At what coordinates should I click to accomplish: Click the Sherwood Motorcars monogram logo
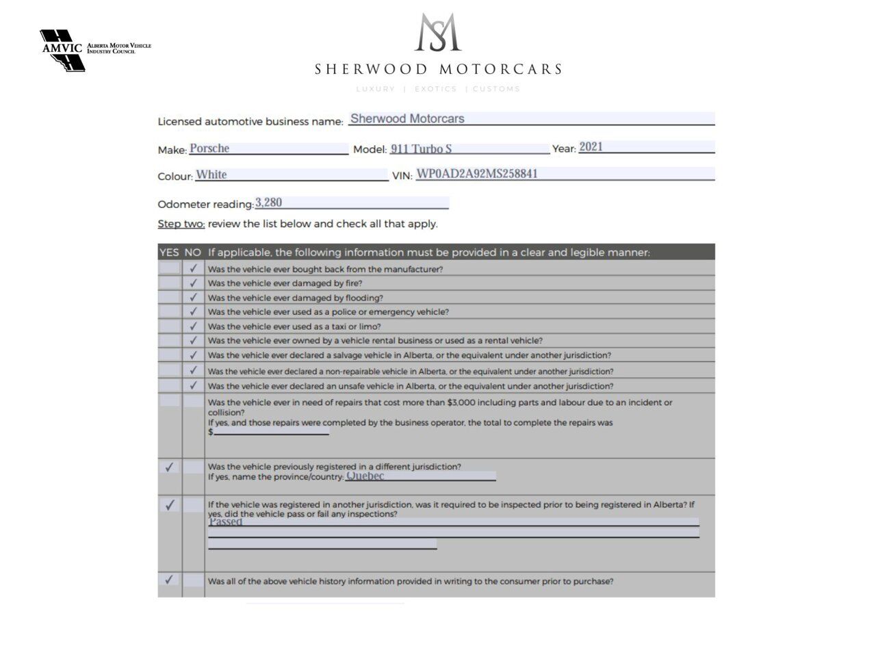438,33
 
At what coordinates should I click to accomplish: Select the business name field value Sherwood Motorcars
407,118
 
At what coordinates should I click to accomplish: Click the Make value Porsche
209,149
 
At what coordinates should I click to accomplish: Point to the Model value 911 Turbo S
421,149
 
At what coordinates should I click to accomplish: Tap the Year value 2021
591,146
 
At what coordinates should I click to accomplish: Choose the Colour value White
211,175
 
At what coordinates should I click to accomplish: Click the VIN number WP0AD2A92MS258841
477,174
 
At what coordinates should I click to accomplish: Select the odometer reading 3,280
268,203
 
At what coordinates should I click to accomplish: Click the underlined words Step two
181,224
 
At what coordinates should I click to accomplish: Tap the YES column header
169,252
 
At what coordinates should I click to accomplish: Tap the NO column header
193,252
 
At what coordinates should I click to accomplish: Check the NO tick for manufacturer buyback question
194,268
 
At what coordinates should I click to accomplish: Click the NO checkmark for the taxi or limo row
194,326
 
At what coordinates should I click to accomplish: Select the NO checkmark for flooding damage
194,297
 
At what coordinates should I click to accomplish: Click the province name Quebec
365,476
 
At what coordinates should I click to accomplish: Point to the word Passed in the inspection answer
226,521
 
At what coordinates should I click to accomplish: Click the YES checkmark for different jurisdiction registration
169,467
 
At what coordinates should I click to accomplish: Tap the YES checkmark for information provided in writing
169,580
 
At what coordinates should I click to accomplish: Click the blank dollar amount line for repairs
271,431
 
